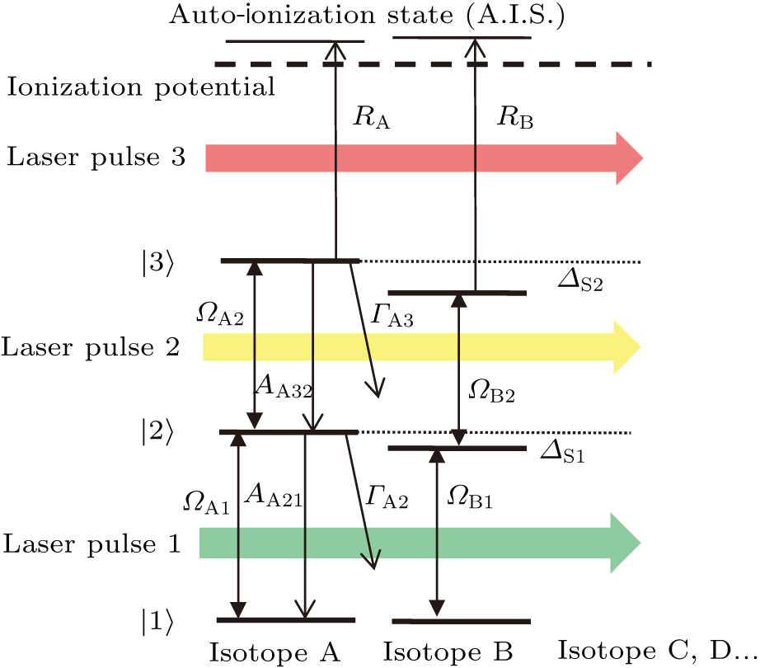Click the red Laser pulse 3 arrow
pos(420,158)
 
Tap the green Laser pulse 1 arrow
pos(420,542)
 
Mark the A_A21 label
pos(275,497)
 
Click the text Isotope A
pos(274,652)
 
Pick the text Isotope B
pos(448,652)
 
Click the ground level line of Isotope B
pos(461,621)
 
